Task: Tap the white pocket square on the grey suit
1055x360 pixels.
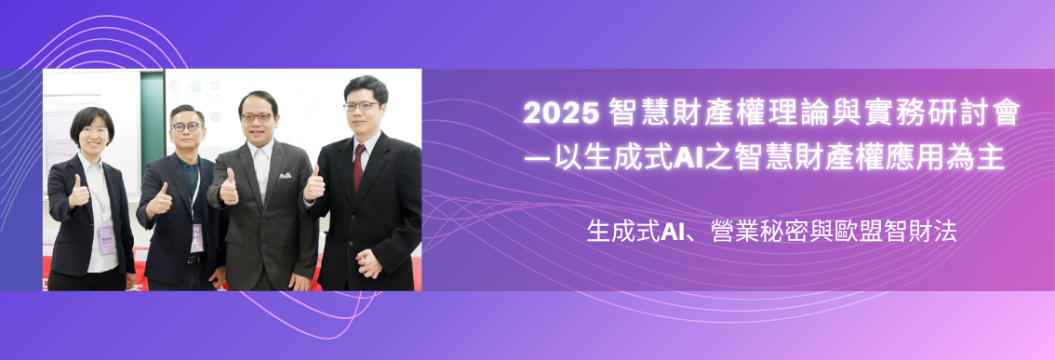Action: (x=285, y=175)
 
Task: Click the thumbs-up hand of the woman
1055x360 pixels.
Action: (x=79, y=193)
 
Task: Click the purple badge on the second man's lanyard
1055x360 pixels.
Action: (x=196, y=238)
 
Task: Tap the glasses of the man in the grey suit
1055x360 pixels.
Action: (x=257, y=118)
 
